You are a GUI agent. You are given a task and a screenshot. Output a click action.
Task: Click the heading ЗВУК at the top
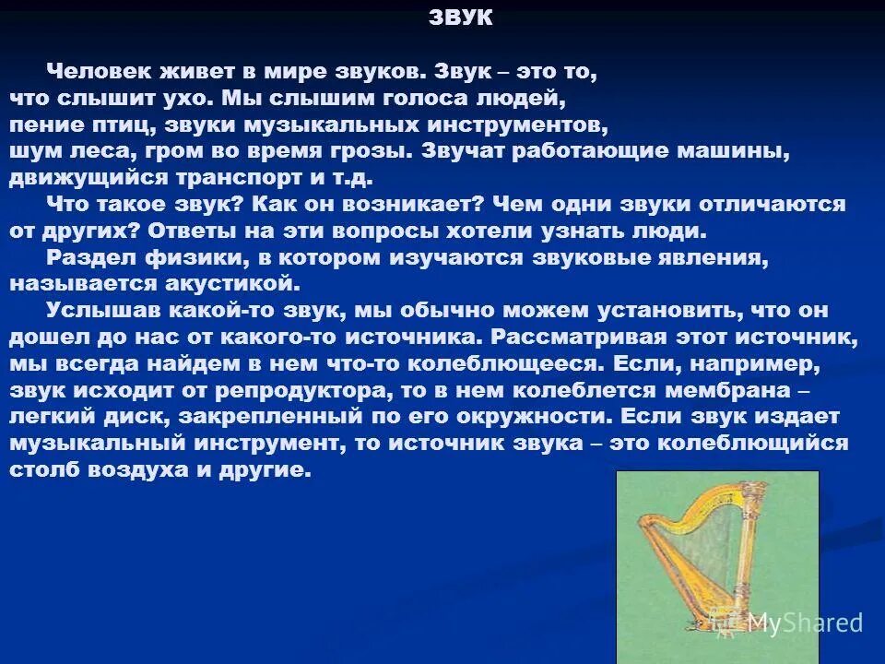click(460, 18)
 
